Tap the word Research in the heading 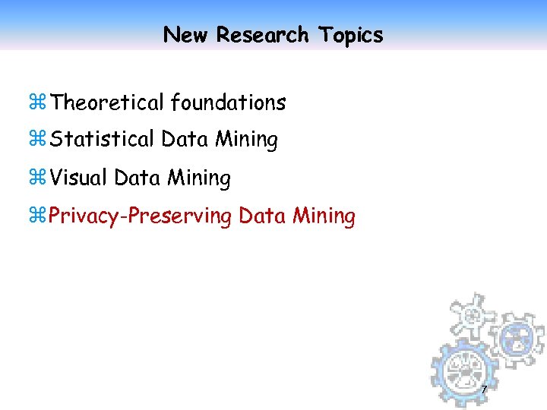tap(262, 35)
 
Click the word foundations tap(229, 102)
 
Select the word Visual tap(80, 178)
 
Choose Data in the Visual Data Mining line tap(138, 178)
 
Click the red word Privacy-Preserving tap(141, 216)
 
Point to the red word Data tap(262, 216)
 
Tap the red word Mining tap(324, 216)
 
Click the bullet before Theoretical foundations tap(40, 102)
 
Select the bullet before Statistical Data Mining tap(40, 140)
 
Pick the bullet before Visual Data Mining tap(40, 178)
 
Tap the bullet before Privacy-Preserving tap(40, 216)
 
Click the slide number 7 tap(484, 390)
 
